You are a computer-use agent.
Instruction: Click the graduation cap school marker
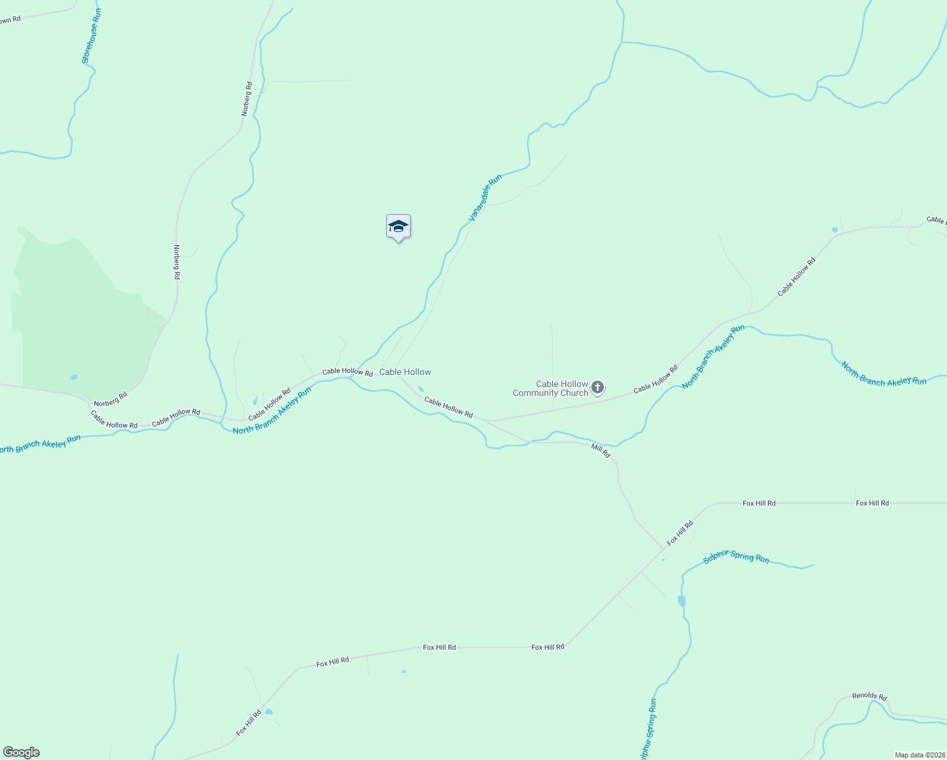coord(398,226)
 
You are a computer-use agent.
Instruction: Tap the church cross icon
coord(598,387)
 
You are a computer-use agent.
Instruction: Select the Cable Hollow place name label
coord(405,372)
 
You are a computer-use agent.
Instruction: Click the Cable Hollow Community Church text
coord(550,388)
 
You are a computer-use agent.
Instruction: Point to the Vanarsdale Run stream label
coord(485,198)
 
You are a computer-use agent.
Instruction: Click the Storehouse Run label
coord(91,35)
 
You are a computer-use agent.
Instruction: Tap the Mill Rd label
coord(600,450)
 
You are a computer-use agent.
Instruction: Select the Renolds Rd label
coord(869,696)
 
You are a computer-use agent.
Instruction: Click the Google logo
coord(21,752)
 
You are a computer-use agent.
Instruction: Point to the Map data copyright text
coord(920,755)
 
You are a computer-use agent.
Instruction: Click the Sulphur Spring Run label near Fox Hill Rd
coord(736,557)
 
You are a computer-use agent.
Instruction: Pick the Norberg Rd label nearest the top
coord(247,98)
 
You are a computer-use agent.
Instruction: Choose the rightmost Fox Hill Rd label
coord(872,503)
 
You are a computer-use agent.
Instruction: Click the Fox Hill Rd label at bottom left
coord(249,723)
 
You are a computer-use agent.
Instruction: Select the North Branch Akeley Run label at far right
coord(884,374)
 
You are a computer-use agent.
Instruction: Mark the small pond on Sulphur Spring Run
coord(681,600)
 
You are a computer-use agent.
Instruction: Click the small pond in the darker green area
coord(73,377)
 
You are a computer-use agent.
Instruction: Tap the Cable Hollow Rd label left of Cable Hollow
coord(347,372)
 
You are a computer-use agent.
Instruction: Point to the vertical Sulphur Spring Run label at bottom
coord(648,728)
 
